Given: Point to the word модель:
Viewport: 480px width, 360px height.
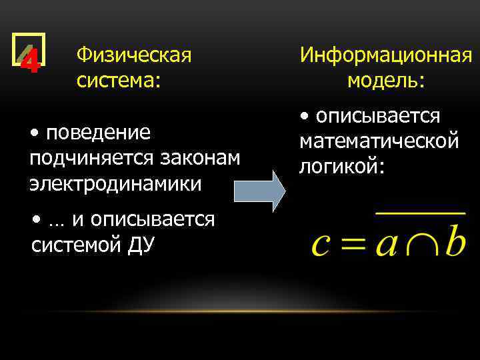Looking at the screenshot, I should (x=386, y=81).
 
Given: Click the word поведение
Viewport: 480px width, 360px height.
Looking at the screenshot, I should (x=98, y=133).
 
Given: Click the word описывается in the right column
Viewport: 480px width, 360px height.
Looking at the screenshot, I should (x=378, y=116).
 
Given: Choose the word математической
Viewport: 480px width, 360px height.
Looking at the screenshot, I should (x=379, y=141).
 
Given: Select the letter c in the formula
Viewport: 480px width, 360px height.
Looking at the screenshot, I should (x=321, y=244).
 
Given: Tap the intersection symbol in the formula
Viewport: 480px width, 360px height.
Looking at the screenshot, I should (x=419, y=244).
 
